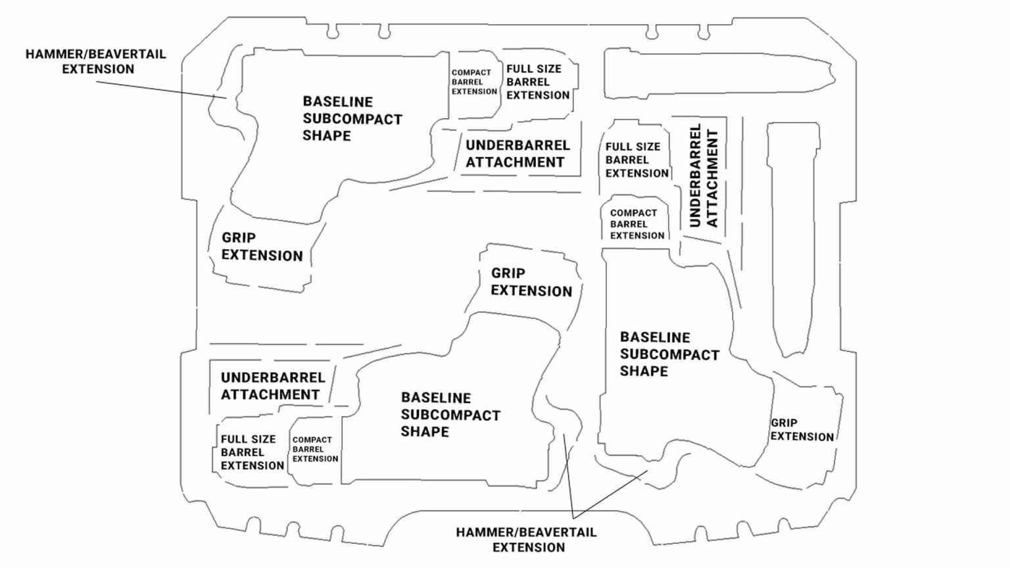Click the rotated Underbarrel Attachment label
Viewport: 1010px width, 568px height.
click(704, 176)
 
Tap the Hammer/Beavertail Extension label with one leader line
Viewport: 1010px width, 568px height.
click(96, 61)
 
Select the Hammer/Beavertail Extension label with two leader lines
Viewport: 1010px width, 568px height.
click(526, 539)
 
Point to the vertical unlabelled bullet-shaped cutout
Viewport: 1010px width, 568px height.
click(792, 237)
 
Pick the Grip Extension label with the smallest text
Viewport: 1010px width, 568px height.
click(802, 430)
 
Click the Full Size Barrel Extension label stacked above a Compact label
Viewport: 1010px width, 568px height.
click(637, 160)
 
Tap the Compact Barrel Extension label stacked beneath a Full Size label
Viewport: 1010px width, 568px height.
click(637, 224)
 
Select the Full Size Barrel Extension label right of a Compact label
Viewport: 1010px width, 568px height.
click(537, 82)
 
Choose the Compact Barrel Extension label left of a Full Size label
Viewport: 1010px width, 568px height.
click(473, 82)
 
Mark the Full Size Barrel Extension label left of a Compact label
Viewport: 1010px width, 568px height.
click(252, 452)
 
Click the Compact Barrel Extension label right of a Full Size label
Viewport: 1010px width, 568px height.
click(315, 450)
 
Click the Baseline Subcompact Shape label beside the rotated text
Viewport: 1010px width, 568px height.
click(669, 354)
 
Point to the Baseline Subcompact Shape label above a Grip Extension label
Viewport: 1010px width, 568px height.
click(352, 119)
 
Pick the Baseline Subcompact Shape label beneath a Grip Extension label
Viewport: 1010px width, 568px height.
click(450, 415)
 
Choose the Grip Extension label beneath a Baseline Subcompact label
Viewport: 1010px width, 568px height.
click(262, 247)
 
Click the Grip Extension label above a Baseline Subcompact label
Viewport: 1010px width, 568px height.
click(531, 282)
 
